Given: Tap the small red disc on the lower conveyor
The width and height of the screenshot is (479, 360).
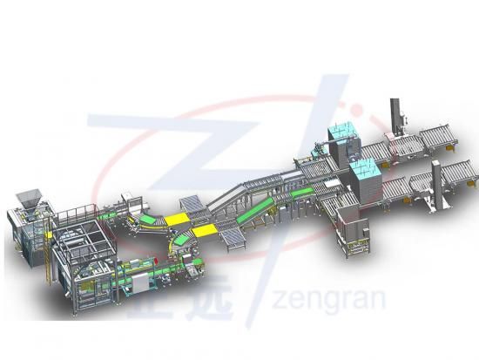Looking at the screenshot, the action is pos(156,261).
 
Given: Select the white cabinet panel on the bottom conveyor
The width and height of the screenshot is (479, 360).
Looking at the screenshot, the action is pos(141,283).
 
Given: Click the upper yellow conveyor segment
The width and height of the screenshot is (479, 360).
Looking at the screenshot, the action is pos(177,219).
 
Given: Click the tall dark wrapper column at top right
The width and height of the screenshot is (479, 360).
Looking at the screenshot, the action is pos(395,116).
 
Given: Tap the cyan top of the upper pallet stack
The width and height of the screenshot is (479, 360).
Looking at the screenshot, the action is pos(342,132).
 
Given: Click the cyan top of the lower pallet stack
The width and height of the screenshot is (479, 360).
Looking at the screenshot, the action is pos(366,169).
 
